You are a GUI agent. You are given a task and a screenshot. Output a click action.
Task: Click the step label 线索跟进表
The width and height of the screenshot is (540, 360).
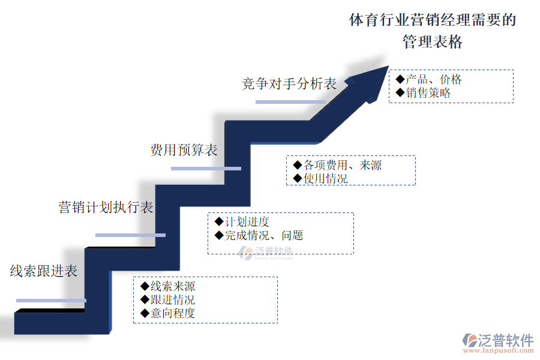coord(44,271)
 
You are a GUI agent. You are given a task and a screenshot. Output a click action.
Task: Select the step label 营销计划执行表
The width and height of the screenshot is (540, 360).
coord(106,208)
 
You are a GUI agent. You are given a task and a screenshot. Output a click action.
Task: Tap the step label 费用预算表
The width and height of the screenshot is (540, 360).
coord(184,150)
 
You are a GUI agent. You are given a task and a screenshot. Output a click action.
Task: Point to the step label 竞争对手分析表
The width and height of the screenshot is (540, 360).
coord(289,84)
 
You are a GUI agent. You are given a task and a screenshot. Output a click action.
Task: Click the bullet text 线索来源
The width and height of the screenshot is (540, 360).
coord(173,286)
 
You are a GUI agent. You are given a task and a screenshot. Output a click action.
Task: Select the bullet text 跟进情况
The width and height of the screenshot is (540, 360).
coord(173,299)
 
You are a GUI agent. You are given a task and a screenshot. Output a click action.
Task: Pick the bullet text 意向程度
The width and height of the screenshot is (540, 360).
coord(173,313)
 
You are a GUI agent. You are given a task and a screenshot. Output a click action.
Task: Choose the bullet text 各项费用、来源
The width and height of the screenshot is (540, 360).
coord(343,165)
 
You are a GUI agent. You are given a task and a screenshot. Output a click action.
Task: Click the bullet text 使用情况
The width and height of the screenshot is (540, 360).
coord(326,178)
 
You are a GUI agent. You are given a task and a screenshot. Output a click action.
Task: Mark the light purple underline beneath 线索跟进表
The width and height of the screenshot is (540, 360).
coord(51,300)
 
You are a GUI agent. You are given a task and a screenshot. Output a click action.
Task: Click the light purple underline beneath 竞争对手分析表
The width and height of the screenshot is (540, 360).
coord(290,102)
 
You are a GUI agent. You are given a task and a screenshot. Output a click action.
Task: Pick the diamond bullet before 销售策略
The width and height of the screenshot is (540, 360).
coord(400,93)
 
